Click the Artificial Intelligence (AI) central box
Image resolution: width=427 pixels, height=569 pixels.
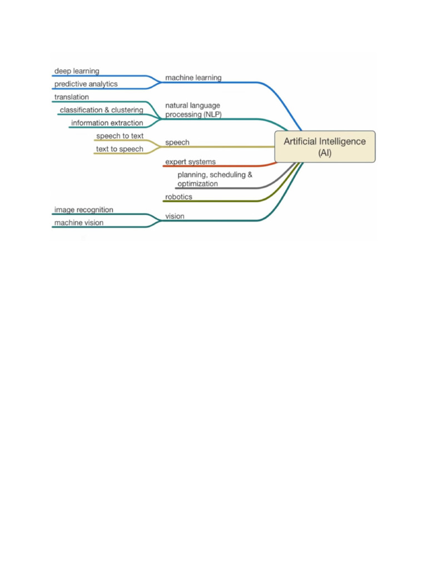[325, 147]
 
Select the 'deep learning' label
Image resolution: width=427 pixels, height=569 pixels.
[77, 71]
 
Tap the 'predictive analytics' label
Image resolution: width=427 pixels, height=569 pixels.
[86, 84]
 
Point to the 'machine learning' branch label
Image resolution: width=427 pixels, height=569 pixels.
[193, 78]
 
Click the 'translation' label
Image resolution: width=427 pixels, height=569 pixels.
[71, 97]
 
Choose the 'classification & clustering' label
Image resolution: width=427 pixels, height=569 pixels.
[101, 110]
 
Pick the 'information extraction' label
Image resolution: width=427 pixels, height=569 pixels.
[107, 123]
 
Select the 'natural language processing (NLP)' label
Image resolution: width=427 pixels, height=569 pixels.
[193, 109]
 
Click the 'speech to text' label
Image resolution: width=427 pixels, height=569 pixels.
[120, 136]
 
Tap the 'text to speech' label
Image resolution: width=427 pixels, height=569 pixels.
[120, 149]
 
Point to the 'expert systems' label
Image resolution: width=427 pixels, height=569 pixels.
[190, 162]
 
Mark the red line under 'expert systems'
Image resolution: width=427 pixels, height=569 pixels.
[217, 166]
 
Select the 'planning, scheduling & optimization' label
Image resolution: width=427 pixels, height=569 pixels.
[215, 179]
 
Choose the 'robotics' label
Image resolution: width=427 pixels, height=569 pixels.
[178, 197]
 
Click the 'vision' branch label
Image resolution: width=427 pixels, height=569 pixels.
[175, 216]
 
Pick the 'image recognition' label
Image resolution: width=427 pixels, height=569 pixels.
[83, 209]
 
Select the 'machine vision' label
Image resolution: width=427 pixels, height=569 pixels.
[78, 223]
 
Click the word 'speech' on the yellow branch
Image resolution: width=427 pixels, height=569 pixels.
[177, 142]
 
